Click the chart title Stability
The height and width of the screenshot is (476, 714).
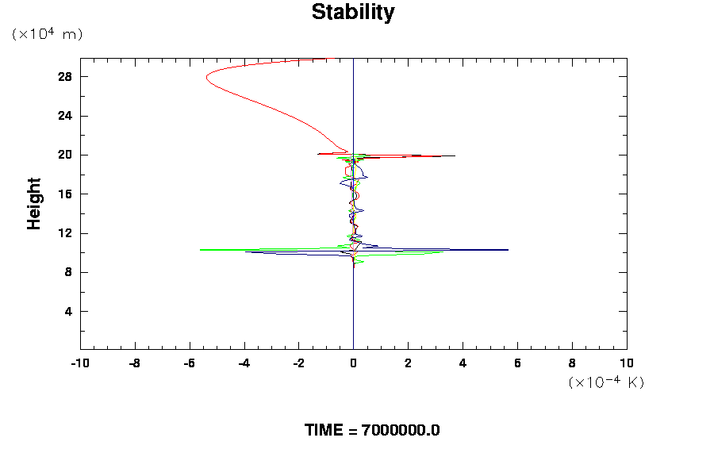352,13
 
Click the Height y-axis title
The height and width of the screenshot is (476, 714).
33,204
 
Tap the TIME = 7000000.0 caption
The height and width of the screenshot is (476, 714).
372,430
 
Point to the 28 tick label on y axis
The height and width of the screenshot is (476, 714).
65,77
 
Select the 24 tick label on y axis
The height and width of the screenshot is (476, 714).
65,116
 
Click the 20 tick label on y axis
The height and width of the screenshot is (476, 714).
65,155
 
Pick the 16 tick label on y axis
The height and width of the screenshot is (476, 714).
65,194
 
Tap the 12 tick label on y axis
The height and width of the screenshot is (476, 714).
65,233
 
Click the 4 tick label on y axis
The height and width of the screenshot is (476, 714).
68,311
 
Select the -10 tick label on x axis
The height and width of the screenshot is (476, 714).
79,364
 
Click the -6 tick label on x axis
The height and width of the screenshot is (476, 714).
189,364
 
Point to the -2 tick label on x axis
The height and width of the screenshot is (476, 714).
298,364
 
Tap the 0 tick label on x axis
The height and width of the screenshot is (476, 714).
354,364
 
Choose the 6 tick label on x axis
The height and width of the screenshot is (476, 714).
518,364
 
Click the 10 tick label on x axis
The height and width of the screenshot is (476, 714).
627,364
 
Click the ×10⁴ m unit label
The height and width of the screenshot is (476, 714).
48,34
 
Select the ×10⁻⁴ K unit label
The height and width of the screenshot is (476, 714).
606,382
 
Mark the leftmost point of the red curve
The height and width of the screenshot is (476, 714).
206,78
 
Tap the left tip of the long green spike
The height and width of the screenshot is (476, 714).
200,250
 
